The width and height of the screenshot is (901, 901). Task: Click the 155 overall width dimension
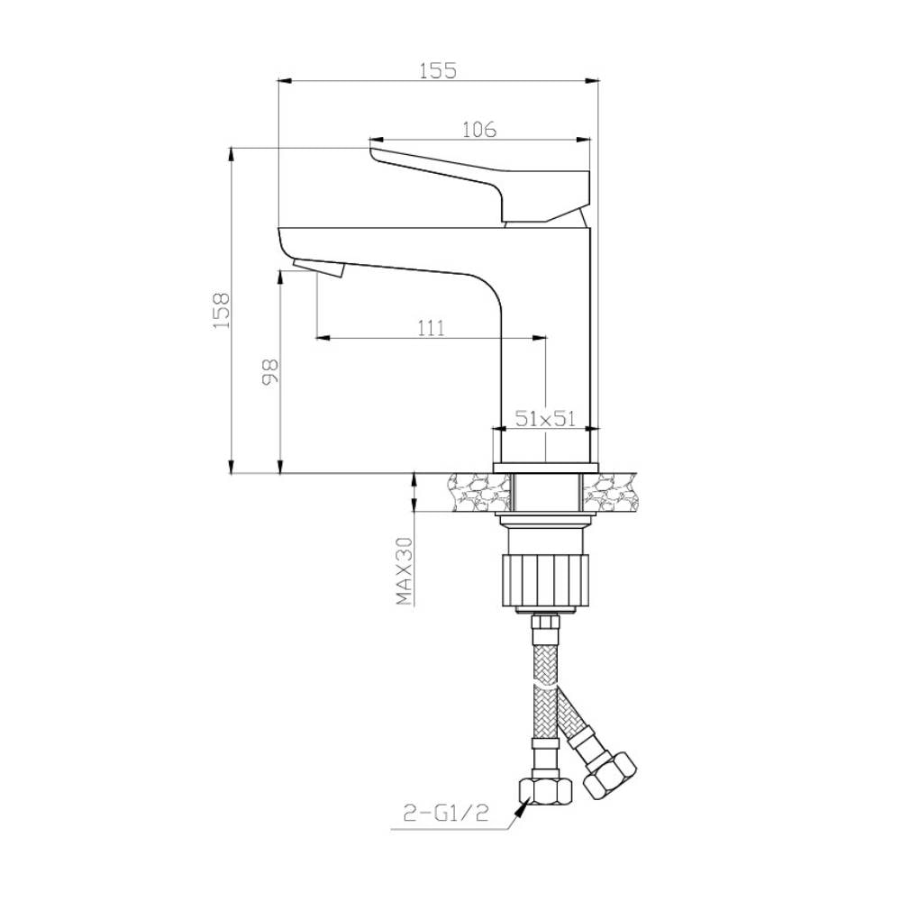tap(438, 70)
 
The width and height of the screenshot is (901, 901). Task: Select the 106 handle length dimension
tap(479, 130)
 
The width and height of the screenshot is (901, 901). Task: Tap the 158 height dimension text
tap(222, 310)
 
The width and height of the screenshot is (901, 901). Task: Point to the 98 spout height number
tap(270, 372)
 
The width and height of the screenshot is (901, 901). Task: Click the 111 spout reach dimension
tap(431, 328)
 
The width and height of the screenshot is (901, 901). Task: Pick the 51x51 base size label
tap(545, 418)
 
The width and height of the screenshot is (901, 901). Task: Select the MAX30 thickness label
tap(405, 571)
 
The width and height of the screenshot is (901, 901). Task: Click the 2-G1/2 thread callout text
tap(446, 813)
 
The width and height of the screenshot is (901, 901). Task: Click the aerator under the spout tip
tap(318, 268)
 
